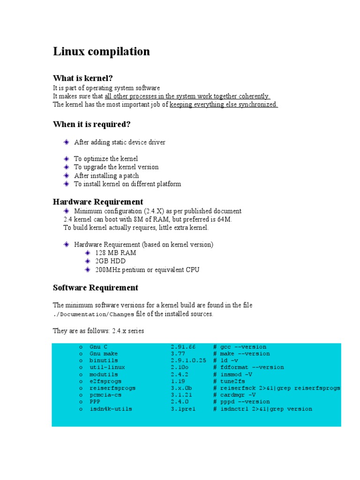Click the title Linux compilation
[101, 52]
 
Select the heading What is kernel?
[83, 78]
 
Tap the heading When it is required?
[91, 124]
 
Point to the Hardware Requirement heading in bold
[98, 202]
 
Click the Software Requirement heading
[96, 287]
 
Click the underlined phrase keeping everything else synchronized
[224, 105]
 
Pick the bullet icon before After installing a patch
[67, 176]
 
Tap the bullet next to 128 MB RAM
[87, 253]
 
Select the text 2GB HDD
[110, 261]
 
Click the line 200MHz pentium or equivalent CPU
[147, 270]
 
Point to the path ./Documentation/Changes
[93, 315]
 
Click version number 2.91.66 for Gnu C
[183, 347]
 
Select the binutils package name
[104, 360]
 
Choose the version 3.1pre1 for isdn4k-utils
[183, 409]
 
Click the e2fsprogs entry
[105, 382]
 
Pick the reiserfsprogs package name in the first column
[112, 388]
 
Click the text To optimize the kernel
[106, 159]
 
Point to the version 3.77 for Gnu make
[178, 353]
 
